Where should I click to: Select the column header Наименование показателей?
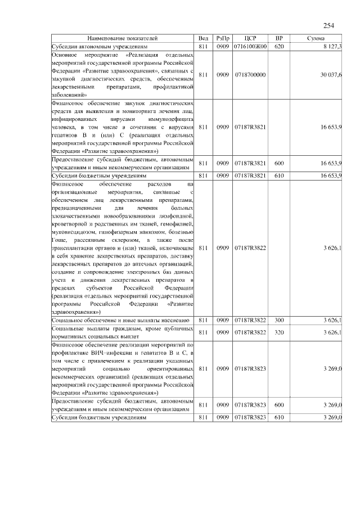tap(123, 38)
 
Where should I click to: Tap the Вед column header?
tap(204, 38)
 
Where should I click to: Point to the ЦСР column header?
tap(250, 38)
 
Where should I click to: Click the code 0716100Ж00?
tap(250, 46)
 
